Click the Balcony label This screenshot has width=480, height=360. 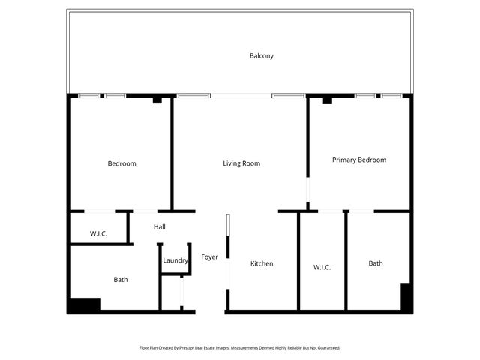click(261, 55)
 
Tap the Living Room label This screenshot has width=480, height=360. click(241, 163)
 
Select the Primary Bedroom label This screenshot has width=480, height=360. click(359, 160)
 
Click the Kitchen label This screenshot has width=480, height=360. click(262, 263)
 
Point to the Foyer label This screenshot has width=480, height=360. click(209, 257)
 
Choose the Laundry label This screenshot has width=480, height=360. click(175, 260)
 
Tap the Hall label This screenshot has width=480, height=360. click(160, 226)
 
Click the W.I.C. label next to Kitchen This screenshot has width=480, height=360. click(322, 267)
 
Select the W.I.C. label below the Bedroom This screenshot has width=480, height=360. click(98, 234)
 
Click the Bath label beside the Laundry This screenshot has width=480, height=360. click(121, 280)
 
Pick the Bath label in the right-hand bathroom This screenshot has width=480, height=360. click(376, 263)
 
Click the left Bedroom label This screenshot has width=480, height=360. click(121, 163)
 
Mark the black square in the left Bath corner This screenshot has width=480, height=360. click(84, 305)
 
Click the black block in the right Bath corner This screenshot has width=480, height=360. click(405, 297)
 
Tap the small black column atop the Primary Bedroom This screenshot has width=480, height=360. click(327, 100)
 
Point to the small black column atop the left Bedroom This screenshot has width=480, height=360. click(157, 99)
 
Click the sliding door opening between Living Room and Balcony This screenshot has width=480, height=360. click(241, 95)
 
